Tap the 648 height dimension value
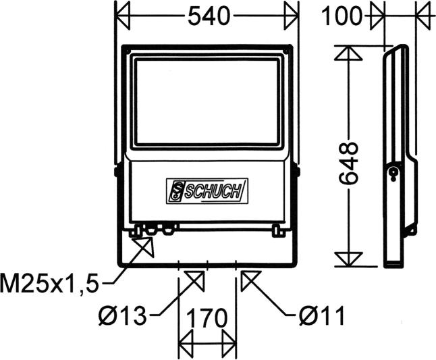pyautogui.click(x=349, y=164)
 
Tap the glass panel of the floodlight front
pyautogui.click(x=207, y=101)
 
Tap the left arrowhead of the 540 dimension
pyautogui.click(x=123, y=15)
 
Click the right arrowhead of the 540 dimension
pyautogui.click(x=291, y=15)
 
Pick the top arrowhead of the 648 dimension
pyautogui.click(x=349, y=55)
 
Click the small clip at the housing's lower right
pyautogui.click(x=276, y=230)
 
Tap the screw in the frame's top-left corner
pyautogui.click(x=126, y=49)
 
